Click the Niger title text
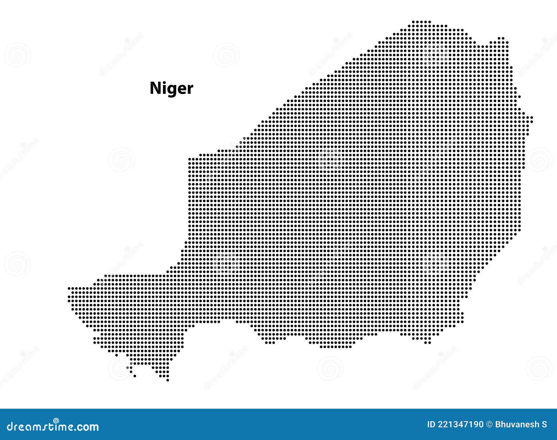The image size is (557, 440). pyautogui.click(x=171, y=88)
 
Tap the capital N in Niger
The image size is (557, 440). pyautogui.click(x=156, y=88)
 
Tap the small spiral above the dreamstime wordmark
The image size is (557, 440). pyautogui.click(x=56, y=420)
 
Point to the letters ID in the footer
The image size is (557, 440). pyautogui.click(x=431, y=424)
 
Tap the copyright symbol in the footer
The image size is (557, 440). pyautogui.click(x=489, y=424)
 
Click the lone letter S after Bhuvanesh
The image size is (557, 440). pyautogui.click(x=544, y=424)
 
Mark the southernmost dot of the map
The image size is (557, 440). pyautogui.click(x=167, y=380)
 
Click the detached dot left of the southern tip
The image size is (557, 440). pyautogui.click(x=135, y=376)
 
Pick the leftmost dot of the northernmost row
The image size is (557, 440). pyautogui.click(x=413, y=22)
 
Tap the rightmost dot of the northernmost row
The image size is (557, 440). pyautogui.click(x=430, y=22)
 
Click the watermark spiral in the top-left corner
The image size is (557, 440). pyautogui.click(x=17, y=55)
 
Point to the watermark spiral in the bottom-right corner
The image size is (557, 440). pyautogui.click(x=539, y=368)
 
